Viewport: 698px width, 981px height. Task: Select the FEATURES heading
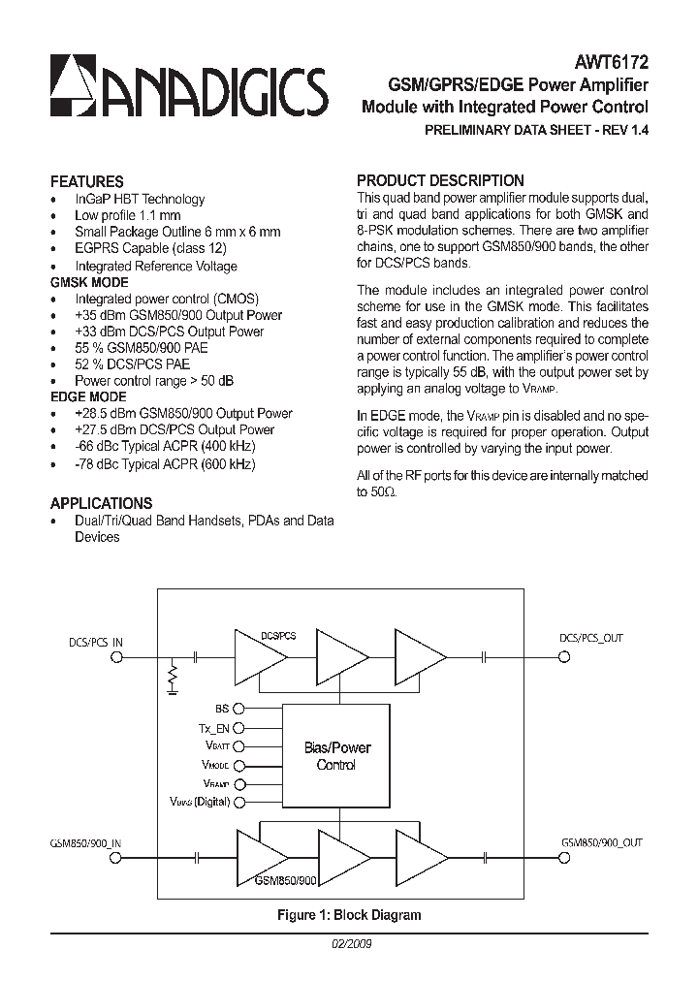pyautogui.click(x=86, y=181)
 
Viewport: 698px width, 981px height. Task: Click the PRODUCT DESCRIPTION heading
pyautogui.click(x=440, y=180)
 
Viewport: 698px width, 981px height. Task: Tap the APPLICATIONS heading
pyautogui.click(x=101, y=503)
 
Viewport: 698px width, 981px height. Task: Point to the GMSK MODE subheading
pyautogui.click(x=88, y=282)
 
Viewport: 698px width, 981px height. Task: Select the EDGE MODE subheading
pyautogui.click(x=87, y=396)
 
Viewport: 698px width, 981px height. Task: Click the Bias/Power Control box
pyautogui.click(x=336, y=756)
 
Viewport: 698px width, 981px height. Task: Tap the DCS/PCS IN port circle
pyautogui.click(x=116, y=657)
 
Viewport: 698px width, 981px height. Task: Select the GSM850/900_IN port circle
pyautogui.click(x=116, y=858)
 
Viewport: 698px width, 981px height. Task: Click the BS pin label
pyautogui.click(x=222, y=709)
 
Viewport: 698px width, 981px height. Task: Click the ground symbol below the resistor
pyautogui.click(x=173, y=690)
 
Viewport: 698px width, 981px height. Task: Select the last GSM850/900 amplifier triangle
pyautogui.click(x=419, y=858)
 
